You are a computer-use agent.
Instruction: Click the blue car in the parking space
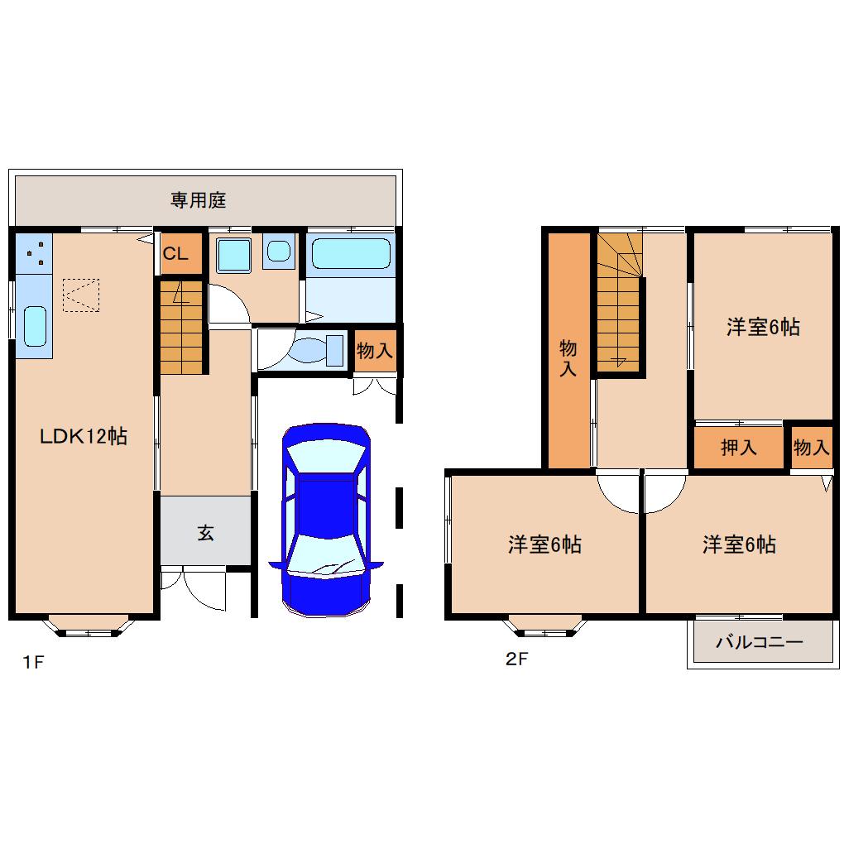click(x=326, y=520)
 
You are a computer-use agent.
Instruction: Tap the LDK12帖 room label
click(x=84, y=436)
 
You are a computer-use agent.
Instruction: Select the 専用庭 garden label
click(x=198, y=200)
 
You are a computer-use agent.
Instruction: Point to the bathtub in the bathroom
click(x=351, y=253)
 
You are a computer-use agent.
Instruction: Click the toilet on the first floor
click(x=315, y=350)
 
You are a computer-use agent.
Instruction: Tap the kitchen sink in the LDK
click(x=36, y=326)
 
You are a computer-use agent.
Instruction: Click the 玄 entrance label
click(x=205, y=533)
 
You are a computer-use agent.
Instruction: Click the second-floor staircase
click(x=620, y=301)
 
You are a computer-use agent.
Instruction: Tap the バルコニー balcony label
click(x=760, y=641)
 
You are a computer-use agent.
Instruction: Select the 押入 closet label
click(x=738, y=447)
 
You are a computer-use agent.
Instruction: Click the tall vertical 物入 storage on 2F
click(x=569, y=350)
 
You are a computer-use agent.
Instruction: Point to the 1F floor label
click(x=33, y=661)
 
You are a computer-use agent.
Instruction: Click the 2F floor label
click(x=516, y=659)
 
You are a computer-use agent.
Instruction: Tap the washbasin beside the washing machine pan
click(x=279, y=251)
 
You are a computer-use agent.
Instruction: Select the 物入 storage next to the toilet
click(x=375, y=350)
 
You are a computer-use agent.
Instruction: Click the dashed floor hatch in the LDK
click(x=81, y=295)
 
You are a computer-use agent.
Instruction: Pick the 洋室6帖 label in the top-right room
click(x=763, y=327)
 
